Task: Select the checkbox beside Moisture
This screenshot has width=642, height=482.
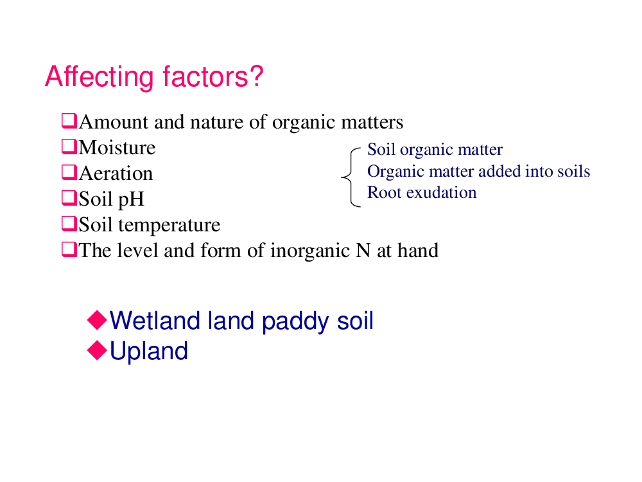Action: click(x=69, y=147)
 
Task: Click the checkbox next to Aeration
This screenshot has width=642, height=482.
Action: click(x=69, y=172)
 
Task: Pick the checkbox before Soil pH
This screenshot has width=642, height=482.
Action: click(x=69, y=198)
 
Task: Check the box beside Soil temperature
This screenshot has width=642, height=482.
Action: click(x=69, y=224)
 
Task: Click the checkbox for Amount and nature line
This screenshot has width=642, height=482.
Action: click(x=69, y=121)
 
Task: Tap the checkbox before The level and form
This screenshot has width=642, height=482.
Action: click(x=69, y=249)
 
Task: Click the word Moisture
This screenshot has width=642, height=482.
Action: click(x=117, y=148)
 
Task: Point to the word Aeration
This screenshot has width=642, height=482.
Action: click(x=116, y=174)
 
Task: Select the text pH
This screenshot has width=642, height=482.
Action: click(x=131, y=200)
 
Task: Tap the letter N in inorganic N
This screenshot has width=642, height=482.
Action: click(x=363, y=251)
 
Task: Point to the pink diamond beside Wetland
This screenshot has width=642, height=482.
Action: click(x=98, y=320)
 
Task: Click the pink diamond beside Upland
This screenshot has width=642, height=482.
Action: click(x=98, y=350)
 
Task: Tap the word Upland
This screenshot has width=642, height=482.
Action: click(x=149, y=352)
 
